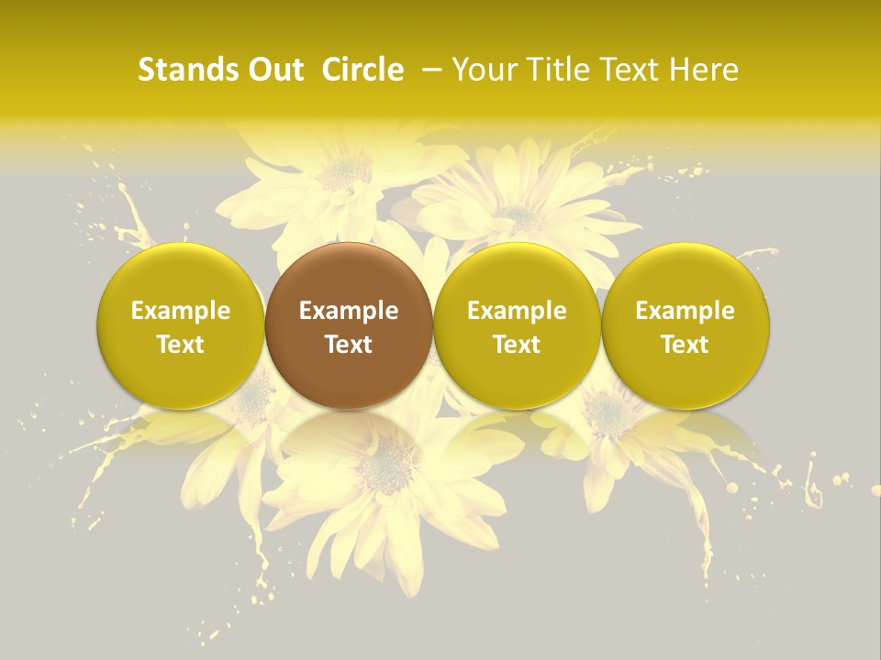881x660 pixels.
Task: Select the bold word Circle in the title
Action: point(362,70)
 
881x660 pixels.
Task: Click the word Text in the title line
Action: point(630,70)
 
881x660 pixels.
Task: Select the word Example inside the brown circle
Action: point(349,311)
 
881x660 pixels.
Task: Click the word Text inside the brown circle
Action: point(349,345)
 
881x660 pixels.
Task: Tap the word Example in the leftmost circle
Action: point(181,311)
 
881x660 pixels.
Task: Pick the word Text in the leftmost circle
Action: point(181,345)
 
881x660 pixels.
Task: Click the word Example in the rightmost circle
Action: point(685,311)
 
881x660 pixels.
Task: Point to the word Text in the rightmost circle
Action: point(685,345)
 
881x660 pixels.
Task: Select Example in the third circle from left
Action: point(517,311)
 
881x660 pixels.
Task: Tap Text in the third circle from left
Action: point(517,345)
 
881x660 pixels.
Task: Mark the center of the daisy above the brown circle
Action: point(344,170)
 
